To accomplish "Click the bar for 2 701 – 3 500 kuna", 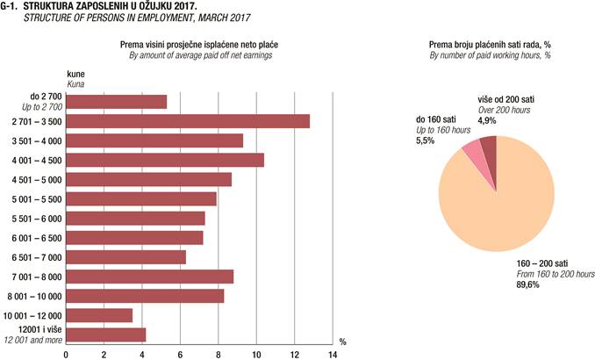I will [188, 121].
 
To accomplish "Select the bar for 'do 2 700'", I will [116, 102].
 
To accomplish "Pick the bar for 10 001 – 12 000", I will [99, 315].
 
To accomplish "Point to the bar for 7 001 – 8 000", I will [149, 277].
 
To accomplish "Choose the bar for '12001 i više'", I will [105, 335].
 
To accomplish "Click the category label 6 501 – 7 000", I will [37, 257].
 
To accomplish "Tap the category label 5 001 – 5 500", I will [37, 199].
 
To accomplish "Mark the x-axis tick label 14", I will [333, 354].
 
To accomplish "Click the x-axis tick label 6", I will [180, 354].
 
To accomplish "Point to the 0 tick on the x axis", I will [66, 354].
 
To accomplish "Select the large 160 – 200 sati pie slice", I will [496, 220].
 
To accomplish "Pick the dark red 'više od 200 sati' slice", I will [488, 144].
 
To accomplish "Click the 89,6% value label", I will [526, 284].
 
